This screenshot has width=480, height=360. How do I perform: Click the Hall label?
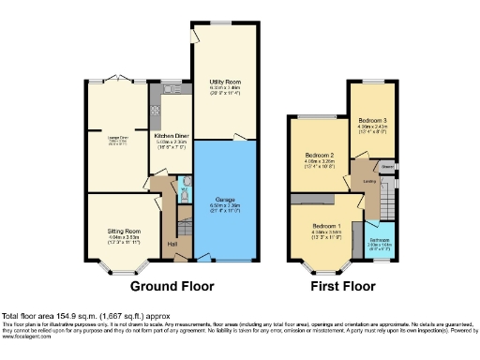click(172, 246)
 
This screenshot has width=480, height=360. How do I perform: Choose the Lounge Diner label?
click(118, 137)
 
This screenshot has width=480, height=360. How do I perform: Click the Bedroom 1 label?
click(324, 227)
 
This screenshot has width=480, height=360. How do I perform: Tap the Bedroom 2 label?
click(320, 155)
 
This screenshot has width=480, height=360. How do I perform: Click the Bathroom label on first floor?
click(379, 225)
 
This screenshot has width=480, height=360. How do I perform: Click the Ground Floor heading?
click(172, 286)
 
